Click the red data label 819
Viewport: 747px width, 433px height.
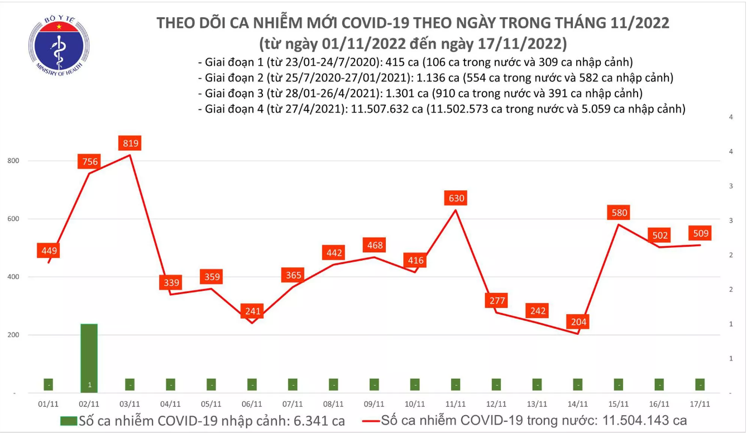131,143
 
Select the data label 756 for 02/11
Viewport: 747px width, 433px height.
90,162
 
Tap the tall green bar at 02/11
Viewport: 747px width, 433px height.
89,357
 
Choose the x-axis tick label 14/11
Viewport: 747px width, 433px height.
578,404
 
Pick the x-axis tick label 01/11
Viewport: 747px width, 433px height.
49,404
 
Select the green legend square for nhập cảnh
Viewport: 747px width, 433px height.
69,420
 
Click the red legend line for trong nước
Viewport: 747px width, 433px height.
372,420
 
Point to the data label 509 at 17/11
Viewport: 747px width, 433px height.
700,233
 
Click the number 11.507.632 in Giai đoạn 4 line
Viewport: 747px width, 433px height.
376,109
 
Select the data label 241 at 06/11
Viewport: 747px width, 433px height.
252,311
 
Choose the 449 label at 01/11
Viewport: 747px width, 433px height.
47,251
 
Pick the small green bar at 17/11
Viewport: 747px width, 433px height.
700,385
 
